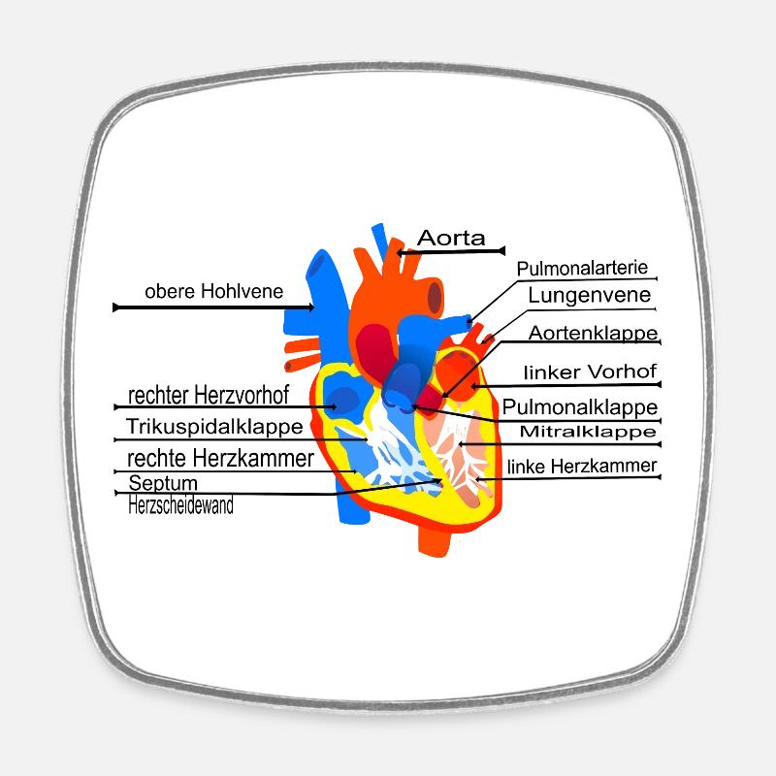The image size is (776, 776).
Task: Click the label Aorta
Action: click(451, 238)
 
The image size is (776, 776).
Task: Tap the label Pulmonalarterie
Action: click(582, 269)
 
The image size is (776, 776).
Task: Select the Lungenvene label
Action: click(590, 296)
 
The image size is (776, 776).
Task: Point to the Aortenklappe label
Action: click(593, 333)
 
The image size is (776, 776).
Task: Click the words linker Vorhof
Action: click(590, 372)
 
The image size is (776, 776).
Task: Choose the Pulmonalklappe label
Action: click(579, 407)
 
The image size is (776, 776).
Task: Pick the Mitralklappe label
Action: click(588, 432)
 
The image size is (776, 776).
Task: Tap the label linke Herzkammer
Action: click(582, 467)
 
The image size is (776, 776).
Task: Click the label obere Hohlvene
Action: click(213, 292)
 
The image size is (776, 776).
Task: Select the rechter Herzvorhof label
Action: click(209, 395)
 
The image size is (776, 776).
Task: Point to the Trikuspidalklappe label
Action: click(214, 427)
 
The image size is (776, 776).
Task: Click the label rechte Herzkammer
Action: click(220, 458)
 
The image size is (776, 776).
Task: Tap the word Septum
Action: click(163, 483)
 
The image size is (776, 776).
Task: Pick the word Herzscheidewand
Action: click(180, 505)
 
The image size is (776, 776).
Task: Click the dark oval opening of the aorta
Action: click(435, 298)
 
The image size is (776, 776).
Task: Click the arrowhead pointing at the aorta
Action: click(400, 253)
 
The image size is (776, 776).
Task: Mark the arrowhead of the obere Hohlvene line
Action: click(309, 307)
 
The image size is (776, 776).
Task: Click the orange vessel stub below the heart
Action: click(435, 539)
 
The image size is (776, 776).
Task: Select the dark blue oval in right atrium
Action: click(343, 400)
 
